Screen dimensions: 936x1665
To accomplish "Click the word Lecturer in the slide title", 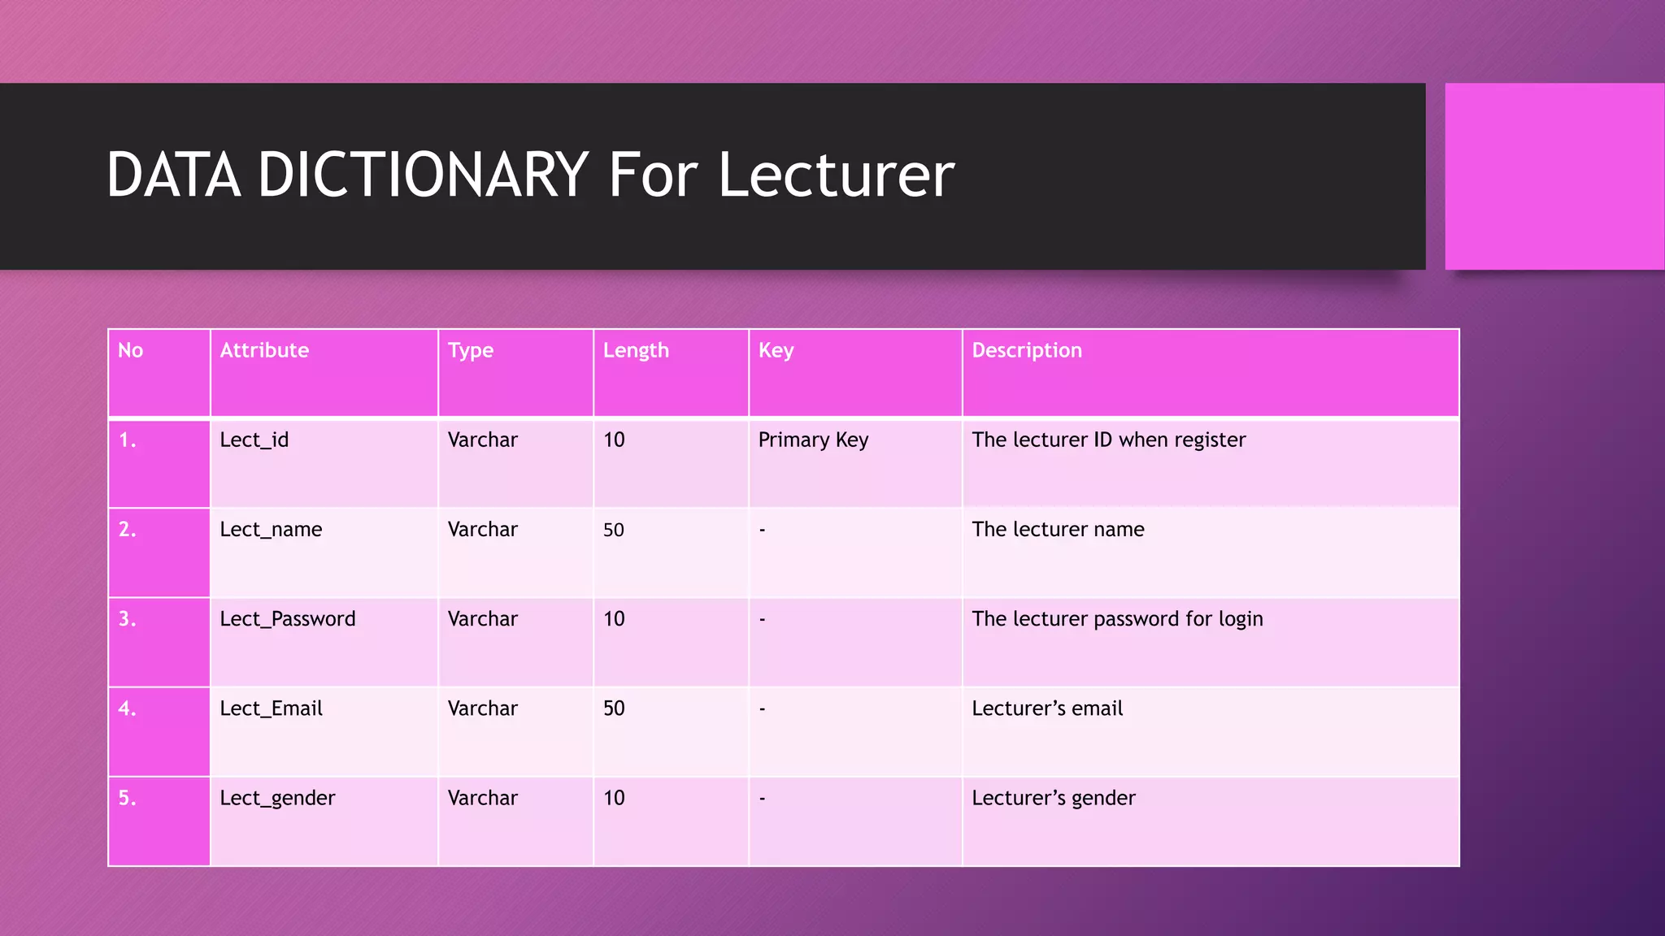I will click(836, 175).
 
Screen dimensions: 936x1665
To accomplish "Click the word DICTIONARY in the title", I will click(423, 175).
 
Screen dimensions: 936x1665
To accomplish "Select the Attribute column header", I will click(264, 350).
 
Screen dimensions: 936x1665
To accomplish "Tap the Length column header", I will click(636, 350).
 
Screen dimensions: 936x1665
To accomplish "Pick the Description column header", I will click(1027, 350).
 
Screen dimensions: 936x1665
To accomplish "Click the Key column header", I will click(776, 350).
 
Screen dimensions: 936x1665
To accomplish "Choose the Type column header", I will click(471, 350).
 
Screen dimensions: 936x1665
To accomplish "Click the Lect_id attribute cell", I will click(254, 440).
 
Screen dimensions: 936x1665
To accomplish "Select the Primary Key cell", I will click(813, 440).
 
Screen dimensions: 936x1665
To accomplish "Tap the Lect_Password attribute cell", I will click(288, 619).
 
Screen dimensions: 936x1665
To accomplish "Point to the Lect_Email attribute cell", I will click(271, 708).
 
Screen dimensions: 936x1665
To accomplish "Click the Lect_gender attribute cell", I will click(277, 798).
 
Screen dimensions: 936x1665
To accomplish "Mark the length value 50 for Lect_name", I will click(614, 530).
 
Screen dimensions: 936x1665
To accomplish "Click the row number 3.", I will click(127, 619).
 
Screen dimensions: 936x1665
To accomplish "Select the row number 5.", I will click(127, 798).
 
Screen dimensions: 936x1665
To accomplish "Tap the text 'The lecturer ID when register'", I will click(1108, 440).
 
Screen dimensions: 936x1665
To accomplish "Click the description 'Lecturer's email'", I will click(1047, 708).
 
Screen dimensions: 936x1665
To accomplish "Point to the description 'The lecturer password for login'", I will click(1117, 619).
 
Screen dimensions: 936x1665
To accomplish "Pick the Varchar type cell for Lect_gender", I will click(482, 798).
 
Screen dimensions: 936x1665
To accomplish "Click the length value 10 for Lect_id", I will click(614, 440).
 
